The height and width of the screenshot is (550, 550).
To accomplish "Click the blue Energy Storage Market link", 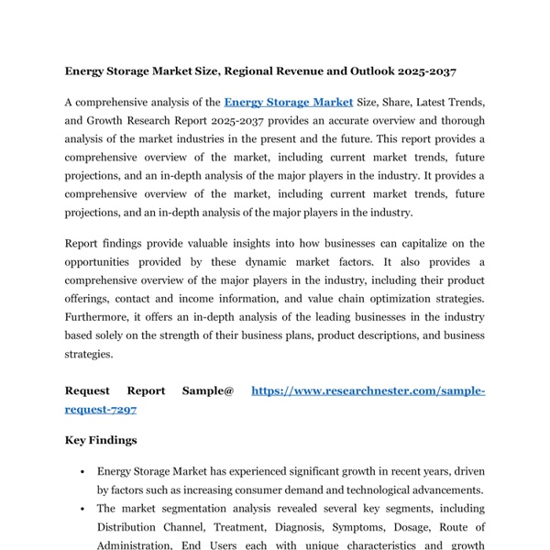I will [x=288, y=103].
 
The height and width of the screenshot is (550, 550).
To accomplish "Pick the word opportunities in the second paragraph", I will [x=101, y=261].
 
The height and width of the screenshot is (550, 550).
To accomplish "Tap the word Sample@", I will [x=208, y=391].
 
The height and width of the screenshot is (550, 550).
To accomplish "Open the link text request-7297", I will [x=101, y=410].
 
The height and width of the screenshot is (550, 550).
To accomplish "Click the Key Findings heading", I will [x=101, y=440].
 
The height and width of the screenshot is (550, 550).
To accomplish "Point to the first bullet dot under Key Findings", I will [x=83, y=472].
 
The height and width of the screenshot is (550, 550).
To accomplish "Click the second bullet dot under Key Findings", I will [x=83, y=509].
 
